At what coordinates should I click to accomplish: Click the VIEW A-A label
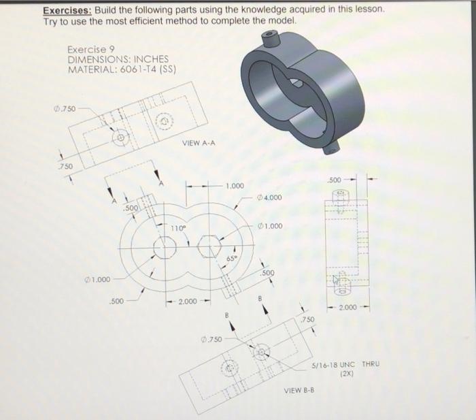(200, 143)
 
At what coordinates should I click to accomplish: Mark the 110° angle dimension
(178, 227)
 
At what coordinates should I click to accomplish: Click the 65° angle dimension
(231, 259)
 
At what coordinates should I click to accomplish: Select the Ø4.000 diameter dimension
(270, 198)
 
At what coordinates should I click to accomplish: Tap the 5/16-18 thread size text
(325, 364)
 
